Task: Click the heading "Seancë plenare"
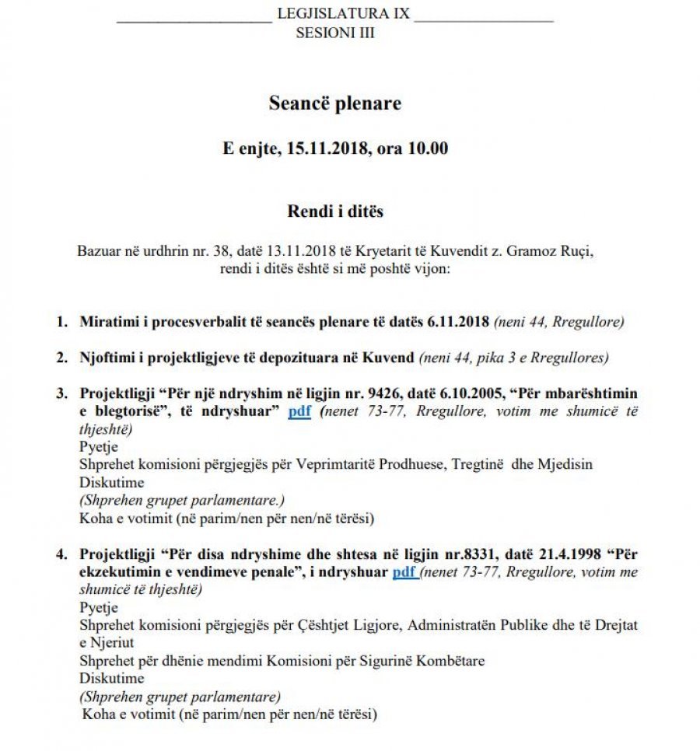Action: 335,103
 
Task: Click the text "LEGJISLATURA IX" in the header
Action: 343,14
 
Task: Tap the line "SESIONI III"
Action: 335,33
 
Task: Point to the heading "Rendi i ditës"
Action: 335,211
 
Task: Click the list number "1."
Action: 61,321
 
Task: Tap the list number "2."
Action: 61,358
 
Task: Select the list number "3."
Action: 61,393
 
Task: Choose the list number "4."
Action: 61,554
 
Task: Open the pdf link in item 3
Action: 299,411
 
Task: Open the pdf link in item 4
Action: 404,572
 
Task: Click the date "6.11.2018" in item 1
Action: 458,321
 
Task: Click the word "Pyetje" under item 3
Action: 99,446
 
